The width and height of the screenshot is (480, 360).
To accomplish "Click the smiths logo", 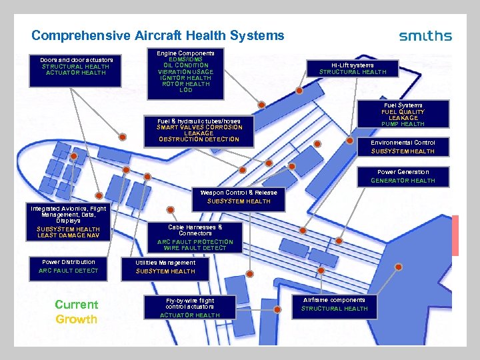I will pyautogui.click(x=425, y=36).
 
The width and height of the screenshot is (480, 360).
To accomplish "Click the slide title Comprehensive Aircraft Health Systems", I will pyautogui.click(x=157, y=35).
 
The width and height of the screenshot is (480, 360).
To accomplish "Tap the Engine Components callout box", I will pyautogui.click(x=185, y=71).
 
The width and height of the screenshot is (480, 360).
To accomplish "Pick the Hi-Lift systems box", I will pyautogui.click(x=353, y=68).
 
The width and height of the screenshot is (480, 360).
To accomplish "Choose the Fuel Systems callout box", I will pyautogui.click(x=403, y=115).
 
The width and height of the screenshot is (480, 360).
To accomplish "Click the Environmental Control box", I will pyautogui.click(x=403, y=147).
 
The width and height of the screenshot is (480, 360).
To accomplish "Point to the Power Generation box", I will pyautogui.click(x=403, y=176).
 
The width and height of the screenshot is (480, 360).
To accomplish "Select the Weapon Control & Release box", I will pyautogui.click(x=239, y=197).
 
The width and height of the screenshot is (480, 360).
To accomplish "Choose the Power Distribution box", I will pyautogui.click(x=69, y=266).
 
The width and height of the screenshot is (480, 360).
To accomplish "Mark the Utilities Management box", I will pyautogui.click(x=166, y=267).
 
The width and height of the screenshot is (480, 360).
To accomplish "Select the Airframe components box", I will pyautogui.click(x=335, y=304).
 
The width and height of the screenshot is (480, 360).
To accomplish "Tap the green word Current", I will pyautogui.click(x=76, y=305).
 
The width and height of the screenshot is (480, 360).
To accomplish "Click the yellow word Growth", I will pyautogui.click(x=76, y=319).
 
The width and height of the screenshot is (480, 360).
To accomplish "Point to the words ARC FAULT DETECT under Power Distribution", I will pyautogui.click(x=69, y=271).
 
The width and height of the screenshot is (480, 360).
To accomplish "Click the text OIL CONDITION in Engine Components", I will pyautogui.click(x=185, y=65).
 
